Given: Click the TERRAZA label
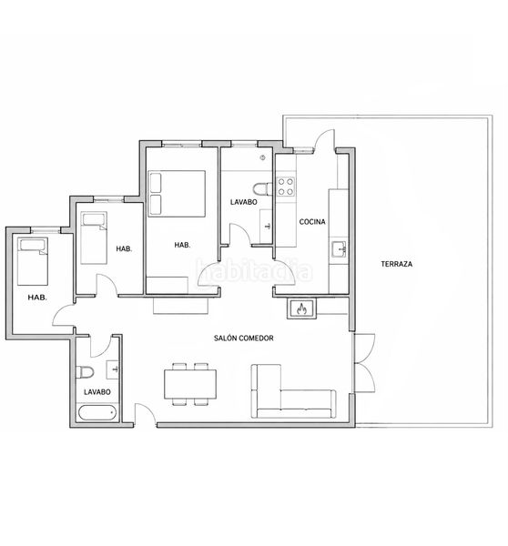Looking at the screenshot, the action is point(397,264).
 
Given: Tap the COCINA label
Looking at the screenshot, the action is point(312,222).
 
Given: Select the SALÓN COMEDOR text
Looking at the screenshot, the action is point(244,339).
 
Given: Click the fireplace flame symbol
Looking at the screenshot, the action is point(301,308).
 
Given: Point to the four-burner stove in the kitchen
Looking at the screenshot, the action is point(286,187).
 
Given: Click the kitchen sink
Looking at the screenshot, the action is point(339,249).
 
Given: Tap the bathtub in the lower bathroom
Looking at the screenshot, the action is point(97,413).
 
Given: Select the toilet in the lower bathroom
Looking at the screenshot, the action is point(85,372).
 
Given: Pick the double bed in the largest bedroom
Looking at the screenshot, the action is point(177,194).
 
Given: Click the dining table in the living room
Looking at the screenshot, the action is point(190,384).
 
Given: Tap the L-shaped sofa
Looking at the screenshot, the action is point(293,391).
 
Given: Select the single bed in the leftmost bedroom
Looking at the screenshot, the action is point(33,261).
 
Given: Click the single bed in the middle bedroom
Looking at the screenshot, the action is point(94,238).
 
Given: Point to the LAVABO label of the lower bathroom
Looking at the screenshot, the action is point(97,392).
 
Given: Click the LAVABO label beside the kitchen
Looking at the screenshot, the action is point(244,202).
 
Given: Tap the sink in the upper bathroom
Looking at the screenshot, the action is point(266,227).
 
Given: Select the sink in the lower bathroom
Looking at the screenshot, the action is point(113,369).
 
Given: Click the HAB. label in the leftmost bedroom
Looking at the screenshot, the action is point(37,298).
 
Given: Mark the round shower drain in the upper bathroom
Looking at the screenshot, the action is point(263,157).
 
